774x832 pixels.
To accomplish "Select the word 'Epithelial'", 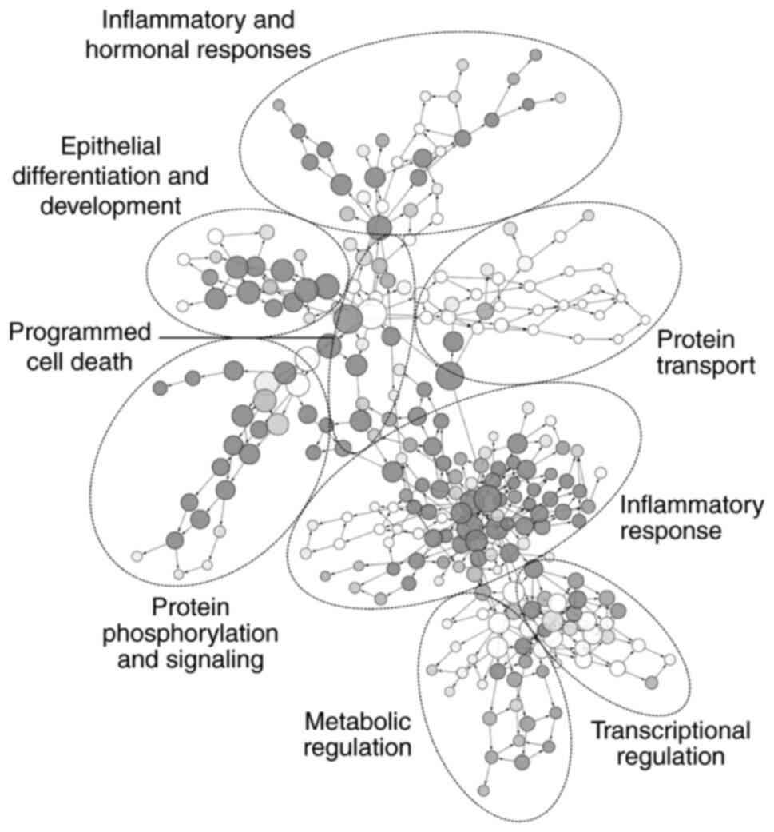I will pyautogui.click(x=111, y=145).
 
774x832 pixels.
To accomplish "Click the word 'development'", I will pyautogui.click(x=110, y=205).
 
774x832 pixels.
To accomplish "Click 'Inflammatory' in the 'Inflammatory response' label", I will pyautogui.click(x=692, y=504).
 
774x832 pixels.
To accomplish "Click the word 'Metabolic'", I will pyautogui.click(x=357, y=722).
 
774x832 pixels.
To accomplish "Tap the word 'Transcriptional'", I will pyautogui.click(x=670, y=729).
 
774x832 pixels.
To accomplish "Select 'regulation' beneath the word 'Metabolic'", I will pyautogui.click(x=357, y=750).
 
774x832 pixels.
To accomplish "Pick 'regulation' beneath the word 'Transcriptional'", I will pyautogui.click(x=670, y=756).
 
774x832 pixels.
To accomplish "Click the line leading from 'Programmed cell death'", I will pyautogui.click(x=240, y=339).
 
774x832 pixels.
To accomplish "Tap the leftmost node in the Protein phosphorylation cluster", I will pyautogui.click(x=137, y=555).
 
